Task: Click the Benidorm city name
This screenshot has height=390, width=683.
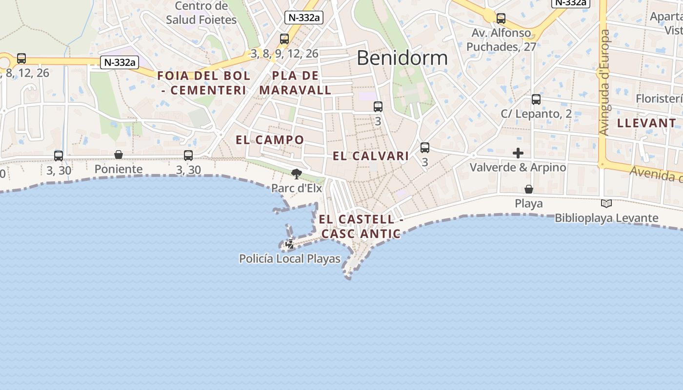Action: click(402, 58)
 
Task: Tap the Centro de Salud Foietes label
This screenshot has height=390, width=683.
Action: click(201, 13)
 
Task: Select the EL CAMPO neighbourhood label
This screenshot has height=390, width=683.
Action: click(270, 140)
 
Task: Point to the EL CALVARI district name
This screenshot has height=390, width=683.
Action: click(371, 156)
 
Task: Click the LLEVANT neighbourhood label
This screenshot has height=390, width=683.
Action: click(646, 123)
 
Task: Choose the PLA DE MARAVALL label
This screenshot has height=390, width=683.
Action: click(295, 83)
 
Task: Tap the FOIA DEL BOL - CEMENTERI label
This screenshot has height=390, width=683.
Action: click(204, 83)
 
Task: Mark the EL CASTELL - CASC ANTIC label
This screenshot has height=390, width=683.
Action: click(361, 227)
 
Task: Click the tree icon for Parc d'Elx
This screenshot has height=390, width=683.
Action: click(296, 174)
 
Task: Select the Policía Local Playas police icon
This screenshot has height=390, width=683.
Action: click(290, 244)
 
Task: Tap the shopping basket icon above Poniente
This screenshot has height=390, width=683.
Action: click(119, 155)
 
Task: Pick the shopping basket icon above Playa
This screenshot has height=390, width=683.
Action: click(528, 189)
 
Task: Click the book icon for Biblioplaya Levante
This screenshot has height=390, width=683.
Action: click(606, 204)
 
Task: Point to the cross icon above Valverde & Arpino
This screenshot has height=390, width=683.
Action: click(518, 153)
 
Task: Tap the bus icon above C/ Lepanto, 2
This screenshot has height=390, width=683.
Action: click(536, 99)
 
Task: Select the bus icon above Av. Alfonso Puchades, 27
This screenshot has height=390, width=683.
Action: click(501, 19)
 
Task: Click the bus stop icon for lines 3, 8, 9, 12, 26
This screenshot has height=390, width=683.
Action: click(284, 39)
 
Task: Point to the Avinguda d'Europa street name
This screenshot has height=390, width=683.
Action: click(605, 83)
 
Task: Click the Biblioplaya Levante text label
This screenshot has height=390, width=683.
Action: click(606, 218)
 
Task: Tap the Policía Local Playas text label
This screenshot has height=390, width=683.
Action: click(290, 259)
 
